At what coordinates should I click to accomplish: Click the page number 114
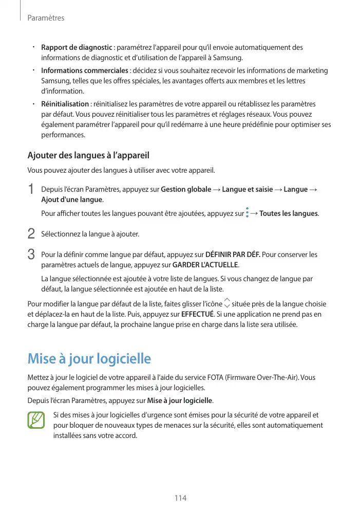(180, 498)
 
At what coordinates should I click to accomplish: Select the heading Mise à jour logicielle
(89, 358)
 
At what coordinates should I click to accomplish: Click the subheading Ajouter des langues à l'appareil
(88, 155)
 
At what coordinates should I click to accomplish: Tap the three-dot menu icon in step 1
(247, 213)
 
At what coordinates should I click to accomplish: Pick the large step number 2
(31, 234)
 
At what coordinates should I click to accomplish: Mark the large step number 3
(31, 254)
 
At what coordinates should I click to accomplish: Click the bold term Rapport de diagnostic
(77, 48)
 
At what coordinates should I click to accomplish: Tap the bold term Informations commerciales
(85, 70)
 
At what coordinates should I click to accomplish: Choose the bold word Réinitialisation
(65, 104)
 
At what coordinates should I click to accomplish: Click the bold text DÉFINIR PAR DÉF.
(233, 254)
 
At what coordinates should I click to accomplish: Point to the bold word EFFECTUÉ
(198, 314)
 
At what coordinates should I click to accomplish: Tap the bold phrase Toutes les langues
(289, 213)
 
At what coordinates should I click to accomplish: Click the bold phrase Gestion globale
(186, 190)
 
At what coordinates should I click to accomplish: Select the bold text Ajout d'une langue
(72, 199)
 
